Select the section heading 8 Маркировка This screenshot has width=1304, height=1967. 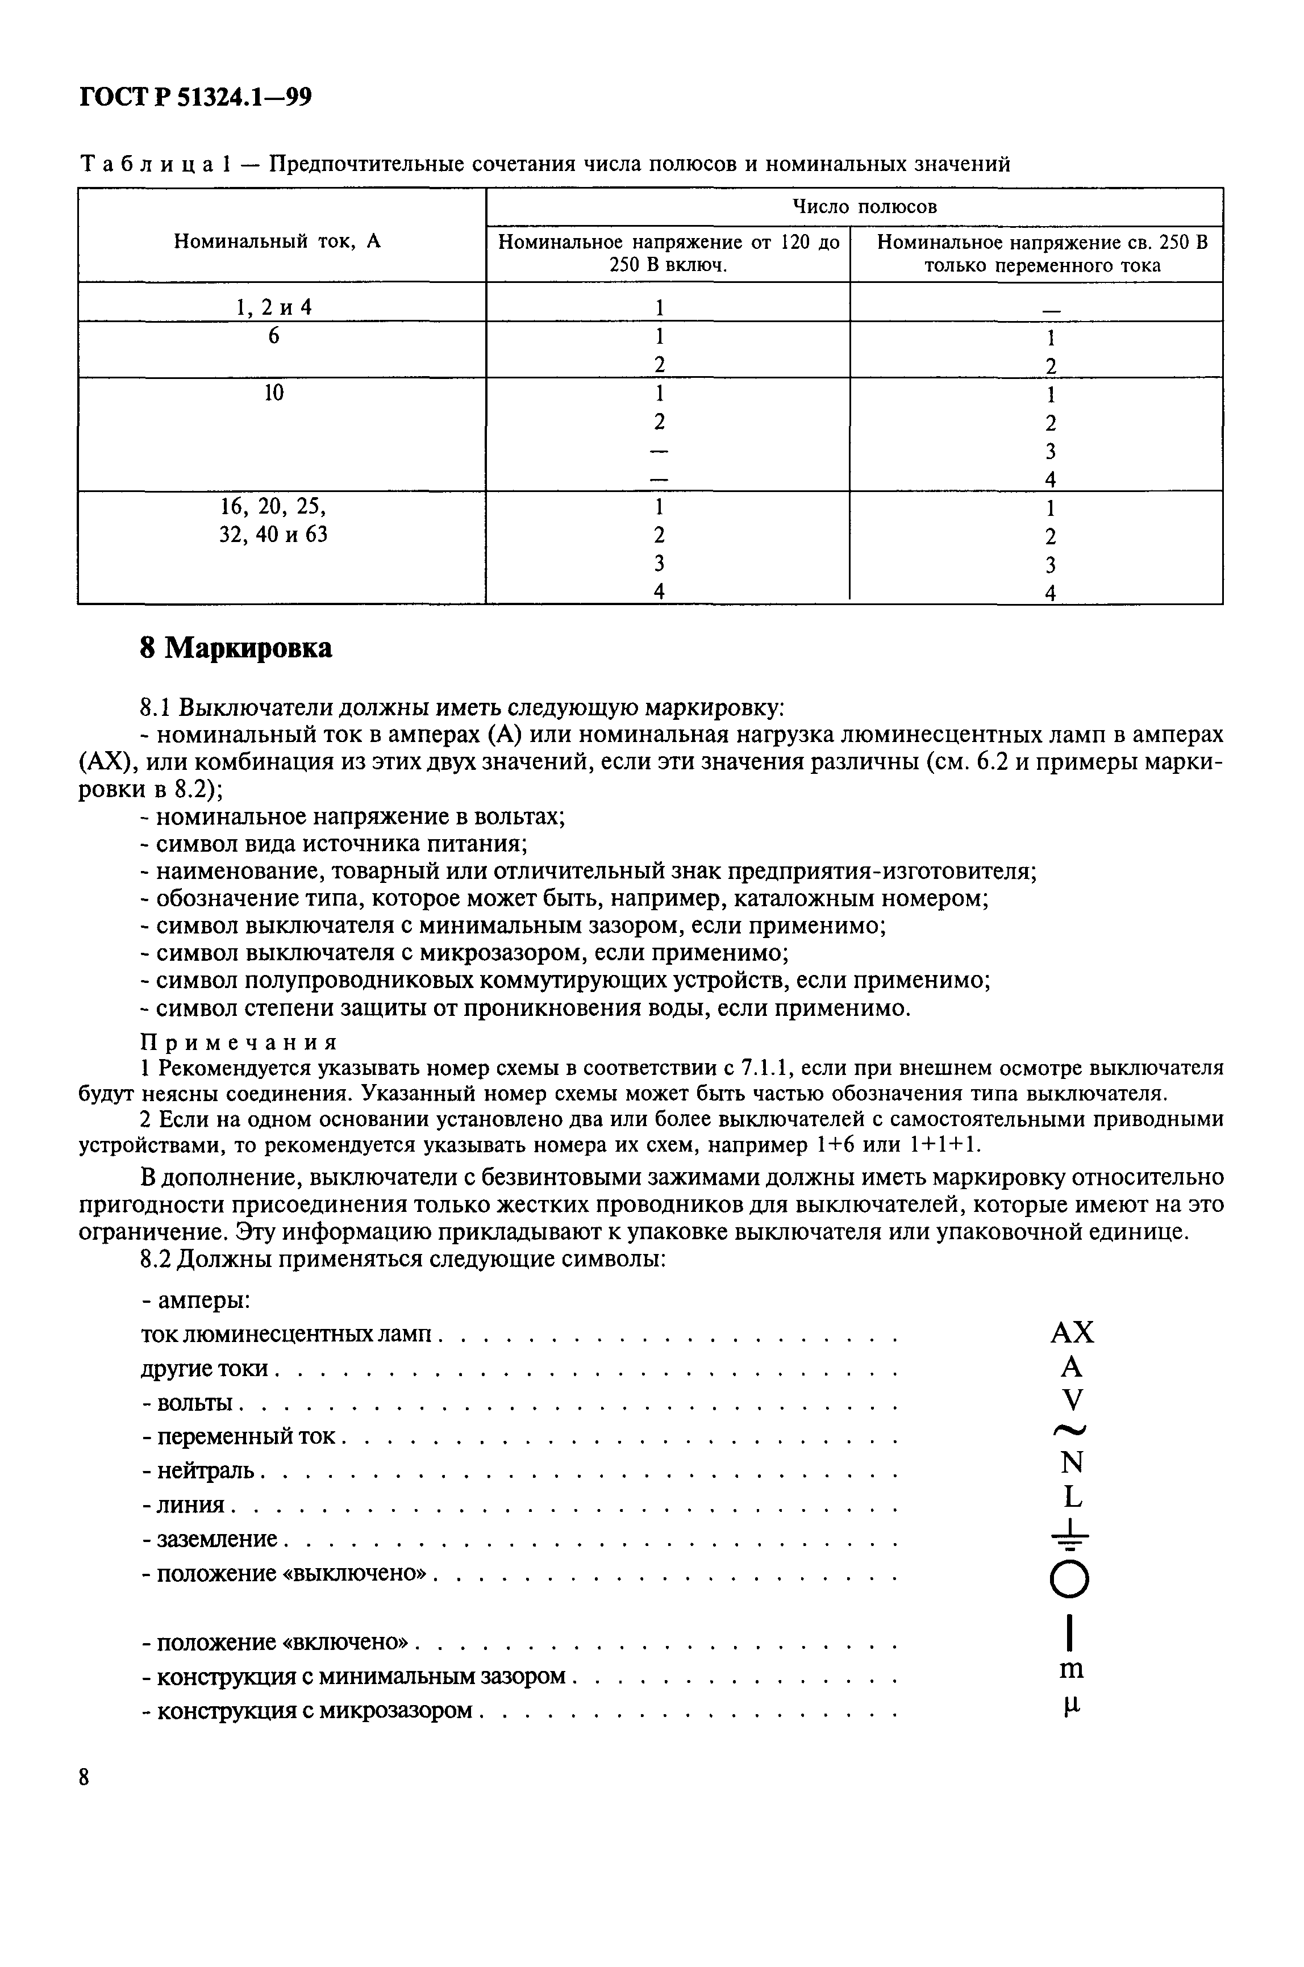pos(235,648)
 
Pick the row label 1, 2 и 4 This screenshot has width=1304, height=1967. pos(274,307)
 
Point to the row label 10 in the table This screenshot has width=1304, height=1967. pos(274,393)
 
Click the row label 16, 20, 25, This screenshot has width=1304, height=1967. pos(274,506)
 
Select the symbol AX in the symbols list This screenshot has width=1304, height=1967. pos(1072,1333)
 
